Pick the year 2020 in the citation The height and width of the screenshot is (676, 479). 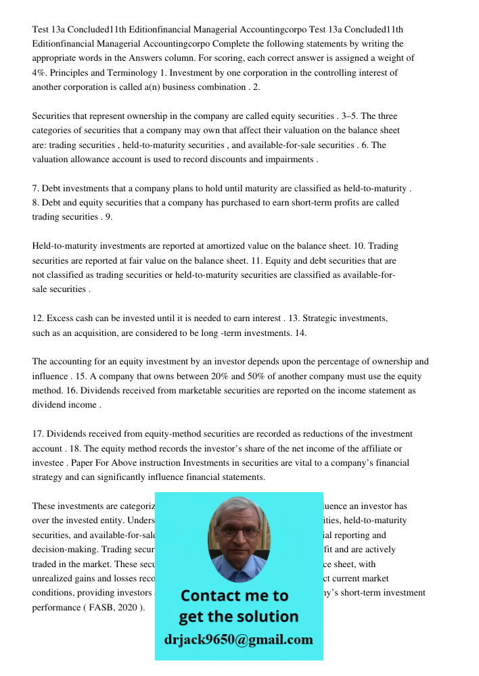127,607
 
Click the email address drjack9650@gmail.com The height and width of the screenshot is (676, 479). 238,639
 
